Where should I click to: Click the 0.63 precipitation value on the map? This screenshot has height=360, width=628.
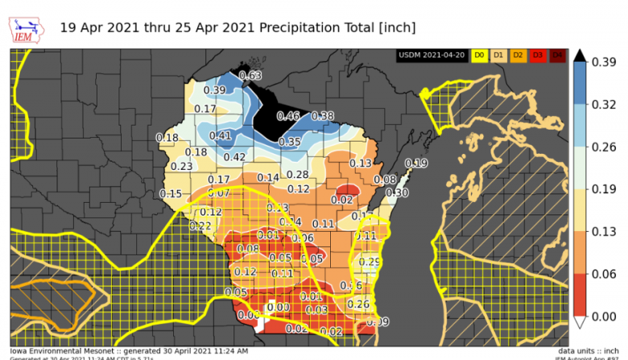coord(250,76)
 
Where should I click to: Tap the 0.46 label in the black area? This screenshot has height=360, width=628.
coord(287,116)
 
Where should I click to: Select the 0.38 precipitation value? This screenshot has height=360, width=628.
coord(322,116)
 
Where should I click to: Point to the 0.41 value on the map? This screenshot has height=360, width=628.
coord(221,135)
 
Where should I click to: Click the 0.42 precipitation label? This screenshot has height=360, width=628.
coord(234,156)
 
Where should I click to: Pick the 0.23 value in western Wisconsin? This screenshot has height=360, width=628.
coord(181,166)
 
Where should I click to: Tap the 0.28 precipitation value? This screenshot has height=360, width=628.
coord(297,175)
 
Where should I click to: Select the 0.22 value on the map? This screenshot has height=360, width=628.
coord(200,226)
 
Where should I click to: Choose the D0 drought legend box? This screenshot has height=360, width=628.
coord(478,55)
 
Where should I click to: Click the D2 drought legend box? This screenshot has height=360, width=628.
coord(517,55)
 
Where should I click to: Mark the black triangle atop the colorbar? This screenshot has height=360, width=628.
coord(578,56)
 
